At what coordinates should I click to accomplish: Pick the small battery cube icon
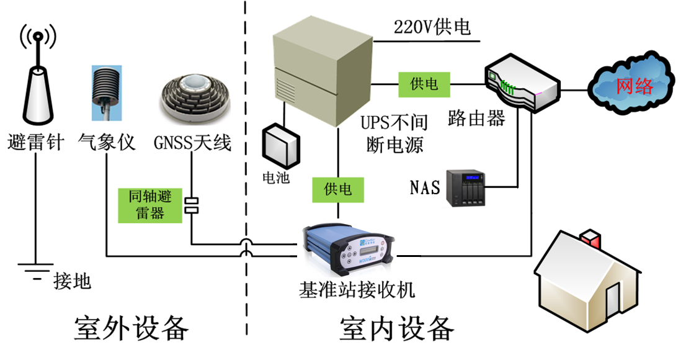[x=281, y=146]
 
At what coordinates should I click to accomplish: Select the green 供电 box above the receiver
[x=337, y=188]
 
